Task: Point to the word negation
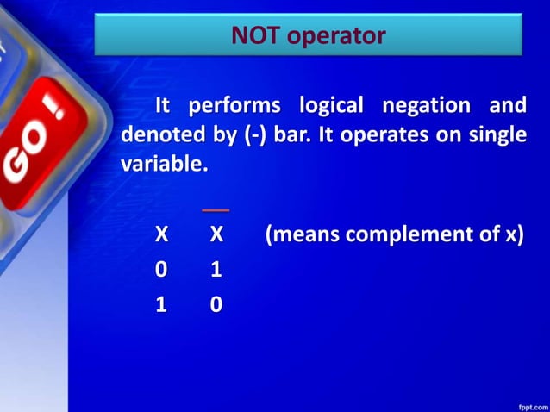coord(422,107)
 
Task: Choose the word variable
coord(164,163)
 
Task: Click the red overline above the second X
coord(216,210)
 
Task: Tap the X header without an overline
coord(161,234)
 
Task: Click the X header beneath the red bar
coord(216,234)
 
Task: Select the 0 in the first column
coord(161,270)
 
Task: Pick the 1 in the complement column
coord(216,270)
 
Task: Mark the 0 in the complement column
coord(216,304)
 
